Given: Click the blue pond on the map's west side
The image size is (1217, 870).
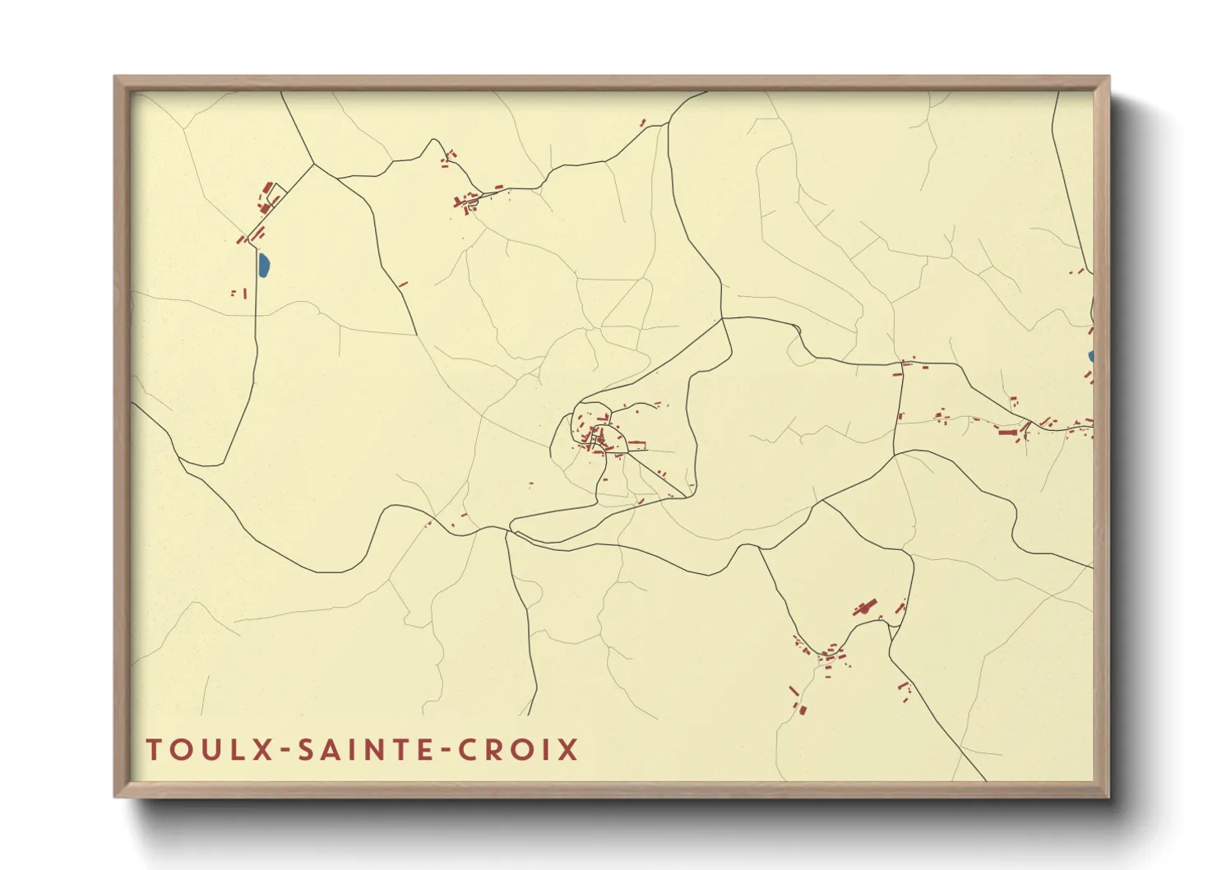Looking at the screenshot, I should [x=263, y=265].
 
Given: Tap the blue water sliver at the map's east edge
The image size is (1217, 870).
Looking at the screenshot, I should [x=1090, y=356].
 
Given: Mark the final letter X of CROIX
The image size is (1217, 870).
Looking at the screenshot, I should [x=569, y=750].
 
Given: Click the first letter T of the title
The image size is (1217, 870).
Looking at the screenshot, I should [x=154, y=750].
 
